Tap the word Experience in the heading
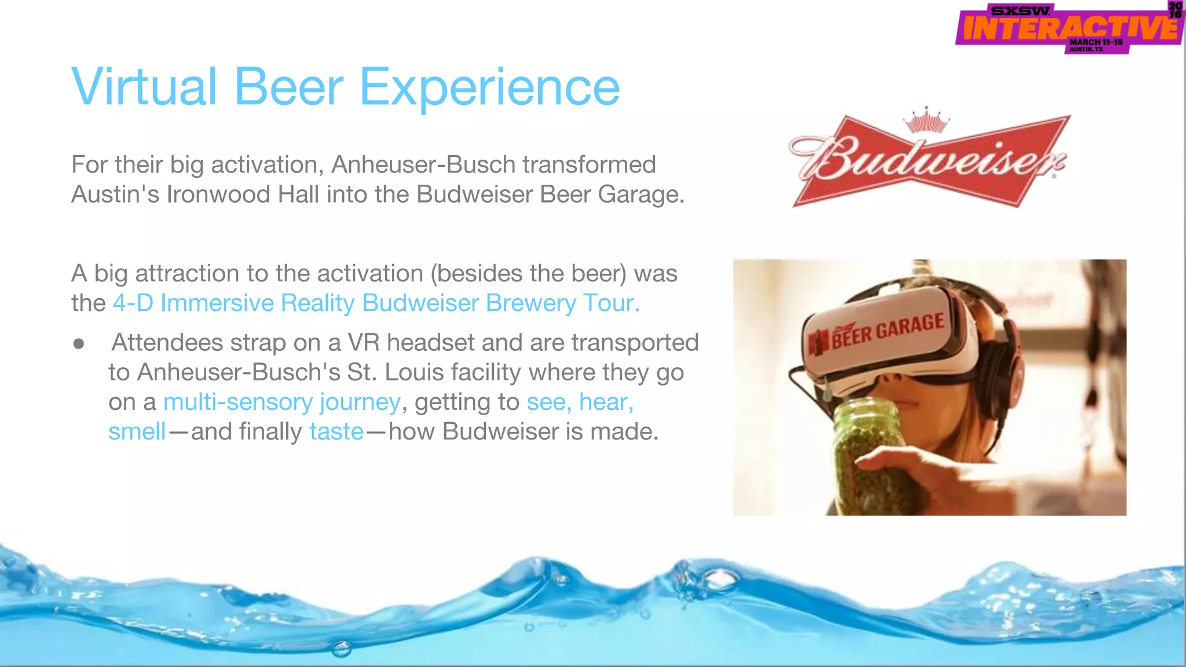pos(489,88)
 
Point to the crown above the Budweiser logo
pos(927,120)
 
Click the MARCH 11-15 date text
pos(1096,42)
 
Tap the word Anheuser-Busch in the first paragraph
pos(423,165)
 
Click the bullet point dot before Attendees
pos(79,344)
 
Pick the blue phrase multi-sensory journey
pos(281,402)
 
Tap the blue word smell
pos(137,432)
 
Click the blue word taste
pos(336,432)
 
